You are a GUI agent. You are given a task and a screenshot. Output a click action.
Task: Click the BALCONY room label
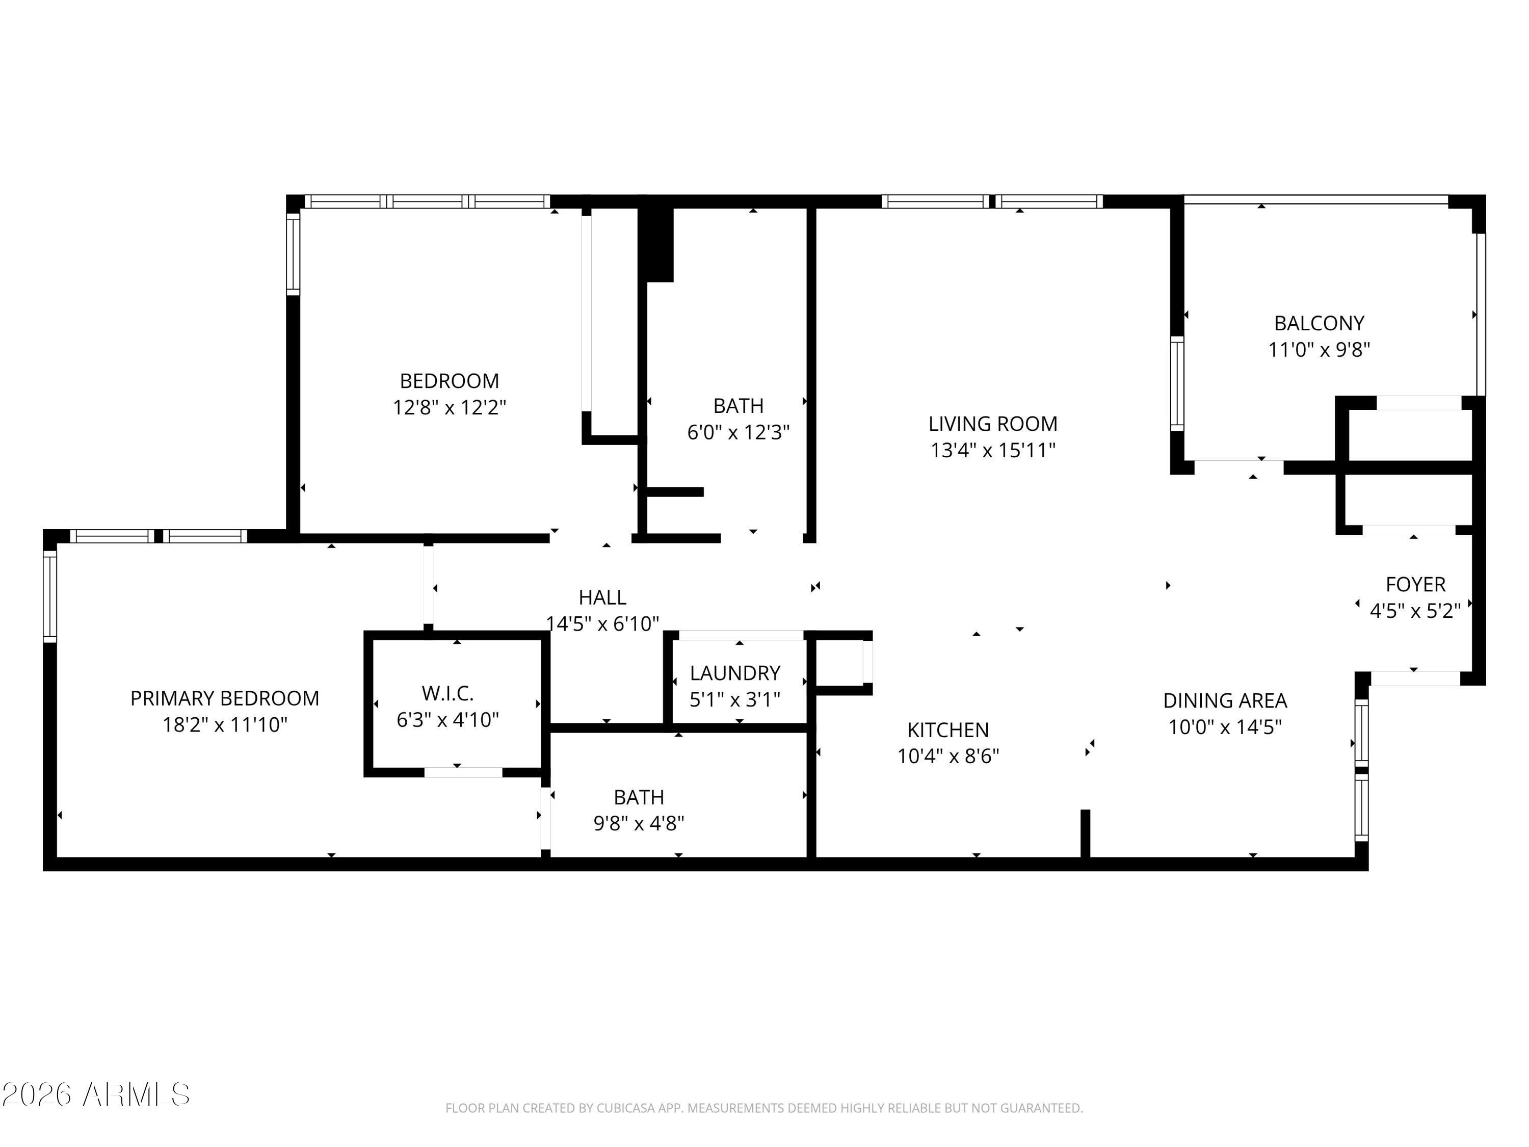(1319, 323)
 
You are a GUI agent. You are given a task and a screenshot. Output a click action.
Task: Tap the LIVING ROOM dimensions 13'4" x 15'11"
(993, 450)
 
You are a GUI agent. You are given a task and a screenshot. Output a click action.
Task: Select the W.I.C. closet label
(448, 693)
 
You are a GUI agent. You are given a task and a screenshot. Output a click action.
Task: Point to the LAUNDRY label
(735, 673)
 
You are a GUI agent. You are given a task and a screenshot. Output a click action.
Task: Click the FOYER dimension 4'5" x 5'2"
(1415, 611)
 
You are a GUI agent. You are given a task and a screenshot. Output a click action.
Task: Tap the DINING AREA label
(1225, 700)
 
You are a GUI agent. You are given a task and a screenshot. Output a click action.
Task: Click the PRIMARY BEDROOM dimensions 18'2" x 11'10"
(225, 724)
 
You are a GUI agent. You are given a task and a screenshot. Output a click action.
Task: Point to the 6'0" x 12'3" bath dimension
(738, 432)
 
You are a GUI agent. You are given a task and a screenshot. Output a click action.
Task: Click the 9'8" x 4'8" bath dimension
(639, 823)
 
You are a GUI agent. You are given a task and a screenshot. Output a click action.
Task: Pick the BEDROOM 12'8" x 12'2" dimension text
(450, 407)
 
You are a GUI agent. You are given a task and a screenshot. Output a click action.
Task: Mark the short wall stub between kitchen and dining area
(1085, 834)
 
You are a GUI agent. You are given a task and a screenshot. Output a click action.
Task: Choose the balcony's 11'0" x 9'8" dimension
(1319, 350)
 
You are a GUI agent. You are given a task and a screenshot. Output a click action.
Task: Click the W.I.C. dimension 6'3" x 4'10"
(448, 720)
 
